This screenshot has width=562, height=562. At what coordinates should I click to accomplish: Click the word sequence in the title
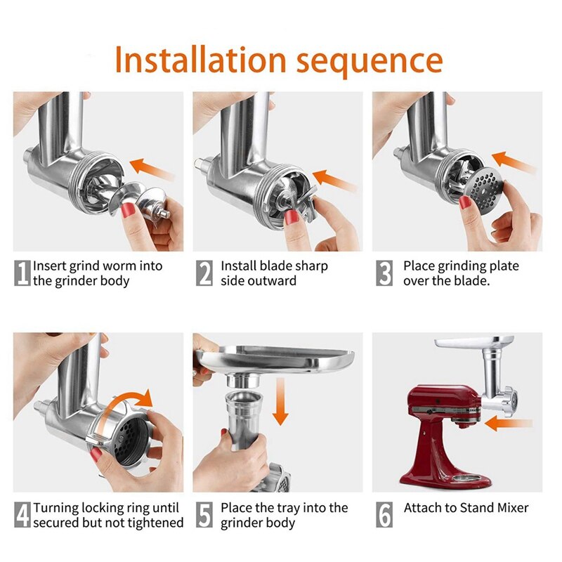[x=370, y=62]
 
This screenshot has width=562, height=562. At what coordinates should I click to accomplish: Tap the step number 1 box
[x=22, y=273]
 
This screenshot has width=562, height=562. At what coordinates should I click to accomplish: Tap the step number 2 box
[x=204, y=273]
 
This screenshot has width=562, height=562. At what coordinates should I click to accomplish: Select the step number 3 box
[x=384, y=273]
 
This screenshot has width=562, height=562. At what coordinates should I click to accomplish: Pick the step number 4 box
[x=22, y=514]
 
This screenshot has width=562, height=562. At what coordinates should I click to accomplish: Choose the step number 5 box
[x=204, y=514]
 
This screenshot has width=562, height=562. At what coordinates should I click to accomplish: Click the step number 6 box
[x=384, y=514]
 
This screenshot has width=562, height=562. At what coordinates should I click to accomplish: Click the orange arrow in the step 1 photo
[x=152, y=169]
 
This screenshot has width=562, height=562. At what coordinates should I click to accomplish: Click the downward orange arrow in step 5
[x=280, y=401]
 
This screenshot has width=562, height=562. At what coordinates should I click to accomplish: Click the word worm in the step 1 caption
[x=119, y=266]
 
